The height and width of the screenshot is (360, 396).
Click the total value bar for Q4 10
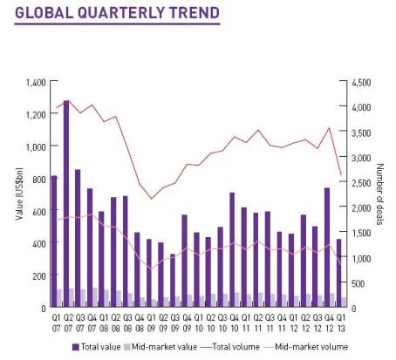tap(232, 249)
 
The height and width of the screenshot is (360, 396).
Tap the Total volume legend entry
tap(240, 346)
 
